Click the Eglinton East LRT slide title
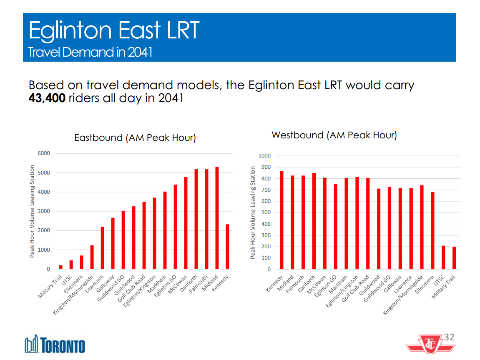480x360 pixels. (114, 30)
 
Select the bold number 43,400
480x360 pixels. (47, 99)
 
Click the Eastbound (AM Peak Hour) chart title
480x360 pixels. (135, 137)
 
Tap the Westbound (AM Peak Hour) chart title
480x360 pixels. (334, 135)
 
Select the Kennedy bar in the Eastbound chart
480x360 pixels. (227, 247)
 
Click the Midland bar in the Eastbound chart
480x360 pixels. (217, 218)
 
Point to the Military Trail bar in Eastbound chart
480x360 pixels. (61, 267)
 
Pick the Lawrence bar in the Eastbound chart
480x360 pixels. (102, 248)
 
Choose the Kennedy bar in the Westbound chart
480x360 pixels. (282, 220)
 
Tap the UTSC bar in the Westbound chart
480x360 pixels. (443, 257)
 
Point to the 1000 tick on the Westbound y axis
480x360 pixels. (264, 156)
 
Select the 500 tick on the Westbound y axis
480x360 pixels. (266, 212)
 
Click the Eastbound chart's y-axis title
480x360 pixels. (32, 211)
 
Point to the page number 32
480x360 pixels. (449, 337)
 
